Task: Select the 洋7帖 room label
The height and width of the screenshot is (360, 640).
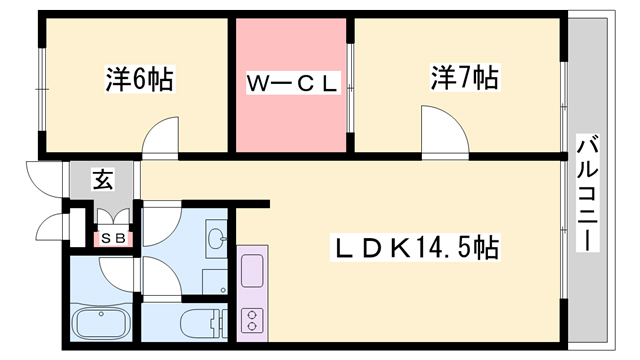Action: click(464, 77)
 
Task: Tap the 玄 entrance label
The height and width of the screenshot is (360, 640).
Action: click(103, 181)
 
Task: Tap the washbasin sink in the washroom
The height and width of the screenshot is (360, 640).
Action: click(216, 237)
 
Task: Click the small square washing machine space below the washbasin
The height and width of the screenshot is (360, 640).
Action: click(216, 280)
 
